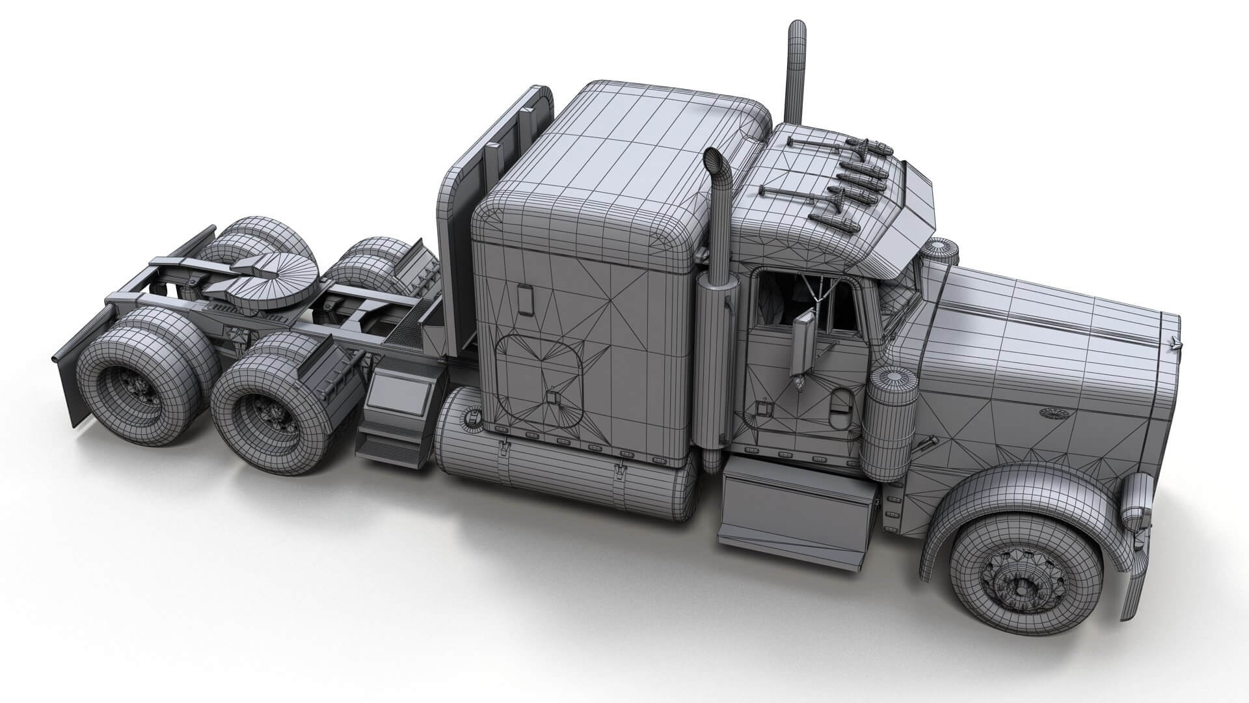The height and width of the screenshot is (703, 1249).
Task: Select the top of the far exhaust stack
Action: click(x=796, y=29)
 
